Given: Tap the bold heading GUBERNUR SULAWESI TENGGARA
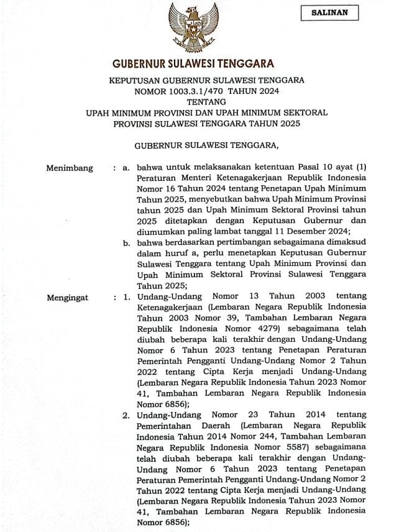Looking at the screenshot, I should point(193,63).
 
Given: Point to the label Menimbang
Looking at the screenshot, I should point(70,168).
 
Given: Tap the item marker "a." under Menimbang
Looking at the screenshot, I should point(127,168).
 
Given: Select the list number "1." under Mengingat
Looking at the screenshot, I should point(126,298).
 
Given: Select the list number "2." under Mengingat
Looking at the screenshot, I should point(126,415).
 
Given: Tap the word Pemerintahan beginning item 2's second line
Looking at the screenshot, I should point(167,426).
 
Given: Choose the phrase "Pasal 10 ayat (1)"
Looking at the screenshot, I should point(331,168).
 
